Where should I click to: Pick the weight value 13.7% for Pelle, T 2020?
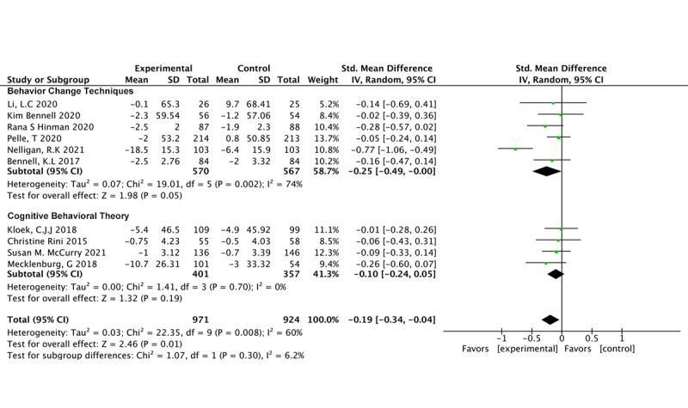319,137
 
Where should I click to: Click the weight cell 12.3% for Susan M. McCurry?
319,253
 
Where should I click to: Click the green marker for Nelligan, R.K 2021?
516,148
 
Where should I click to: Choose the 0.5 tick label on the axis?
591,339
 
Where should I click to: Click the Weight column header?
317,79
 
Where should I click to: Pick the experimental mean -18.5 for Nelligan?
141,148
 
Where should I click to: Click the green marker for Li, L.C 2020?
553,103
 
